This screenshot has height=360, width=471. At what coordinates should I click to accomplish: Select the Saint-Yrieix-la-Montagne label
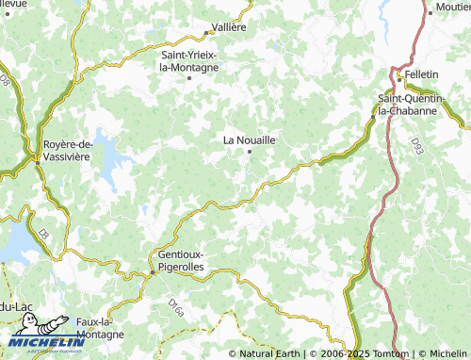coord(189,61)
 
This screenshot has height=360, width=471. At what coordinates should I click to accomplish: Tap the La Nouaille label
coord(249,139)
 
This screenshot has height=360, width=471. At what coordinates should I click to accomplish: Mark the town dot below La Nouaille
coord(250,152)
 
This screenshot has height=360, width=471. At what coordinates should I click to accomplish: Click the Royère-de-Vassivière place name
coord(66,150)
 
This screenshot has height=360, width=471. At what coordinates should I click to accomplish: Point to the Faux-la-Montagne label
coord(98,328)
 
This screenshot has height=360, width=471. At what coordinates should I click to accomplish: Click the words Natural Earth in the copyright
coord(270,353)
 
